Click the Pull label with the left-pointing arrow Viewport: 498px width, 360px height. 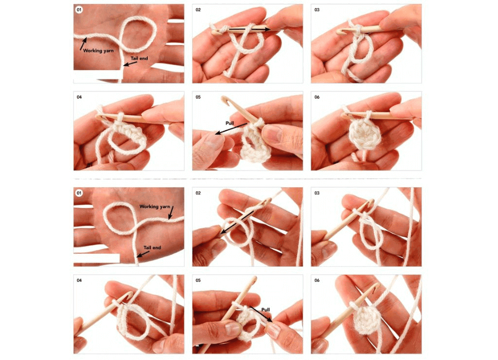coord(231,122)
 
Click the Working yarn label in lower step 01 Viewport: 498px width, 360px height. coord(155,207)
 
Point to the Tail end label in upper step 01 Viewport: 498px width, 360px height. coord(139,58)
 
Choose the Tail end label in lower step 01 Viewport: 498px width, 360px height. coord(152,248)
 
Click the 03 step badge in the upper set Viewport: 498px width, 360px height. coord(317,10)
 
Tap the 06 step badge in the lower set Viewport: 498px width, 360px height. coord(317,281)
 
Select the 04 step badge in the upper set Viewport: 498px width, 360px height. coord(79,97)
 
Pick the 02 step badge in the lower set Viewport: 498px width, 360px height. coord(198,193)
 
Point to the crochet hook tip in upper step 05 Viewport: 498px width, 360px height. coord(225,99)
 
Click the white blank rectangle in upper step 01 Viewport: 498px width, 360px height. coord(98,74)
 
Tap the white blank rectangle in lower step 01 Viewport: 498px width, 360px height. coord(96,258)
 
